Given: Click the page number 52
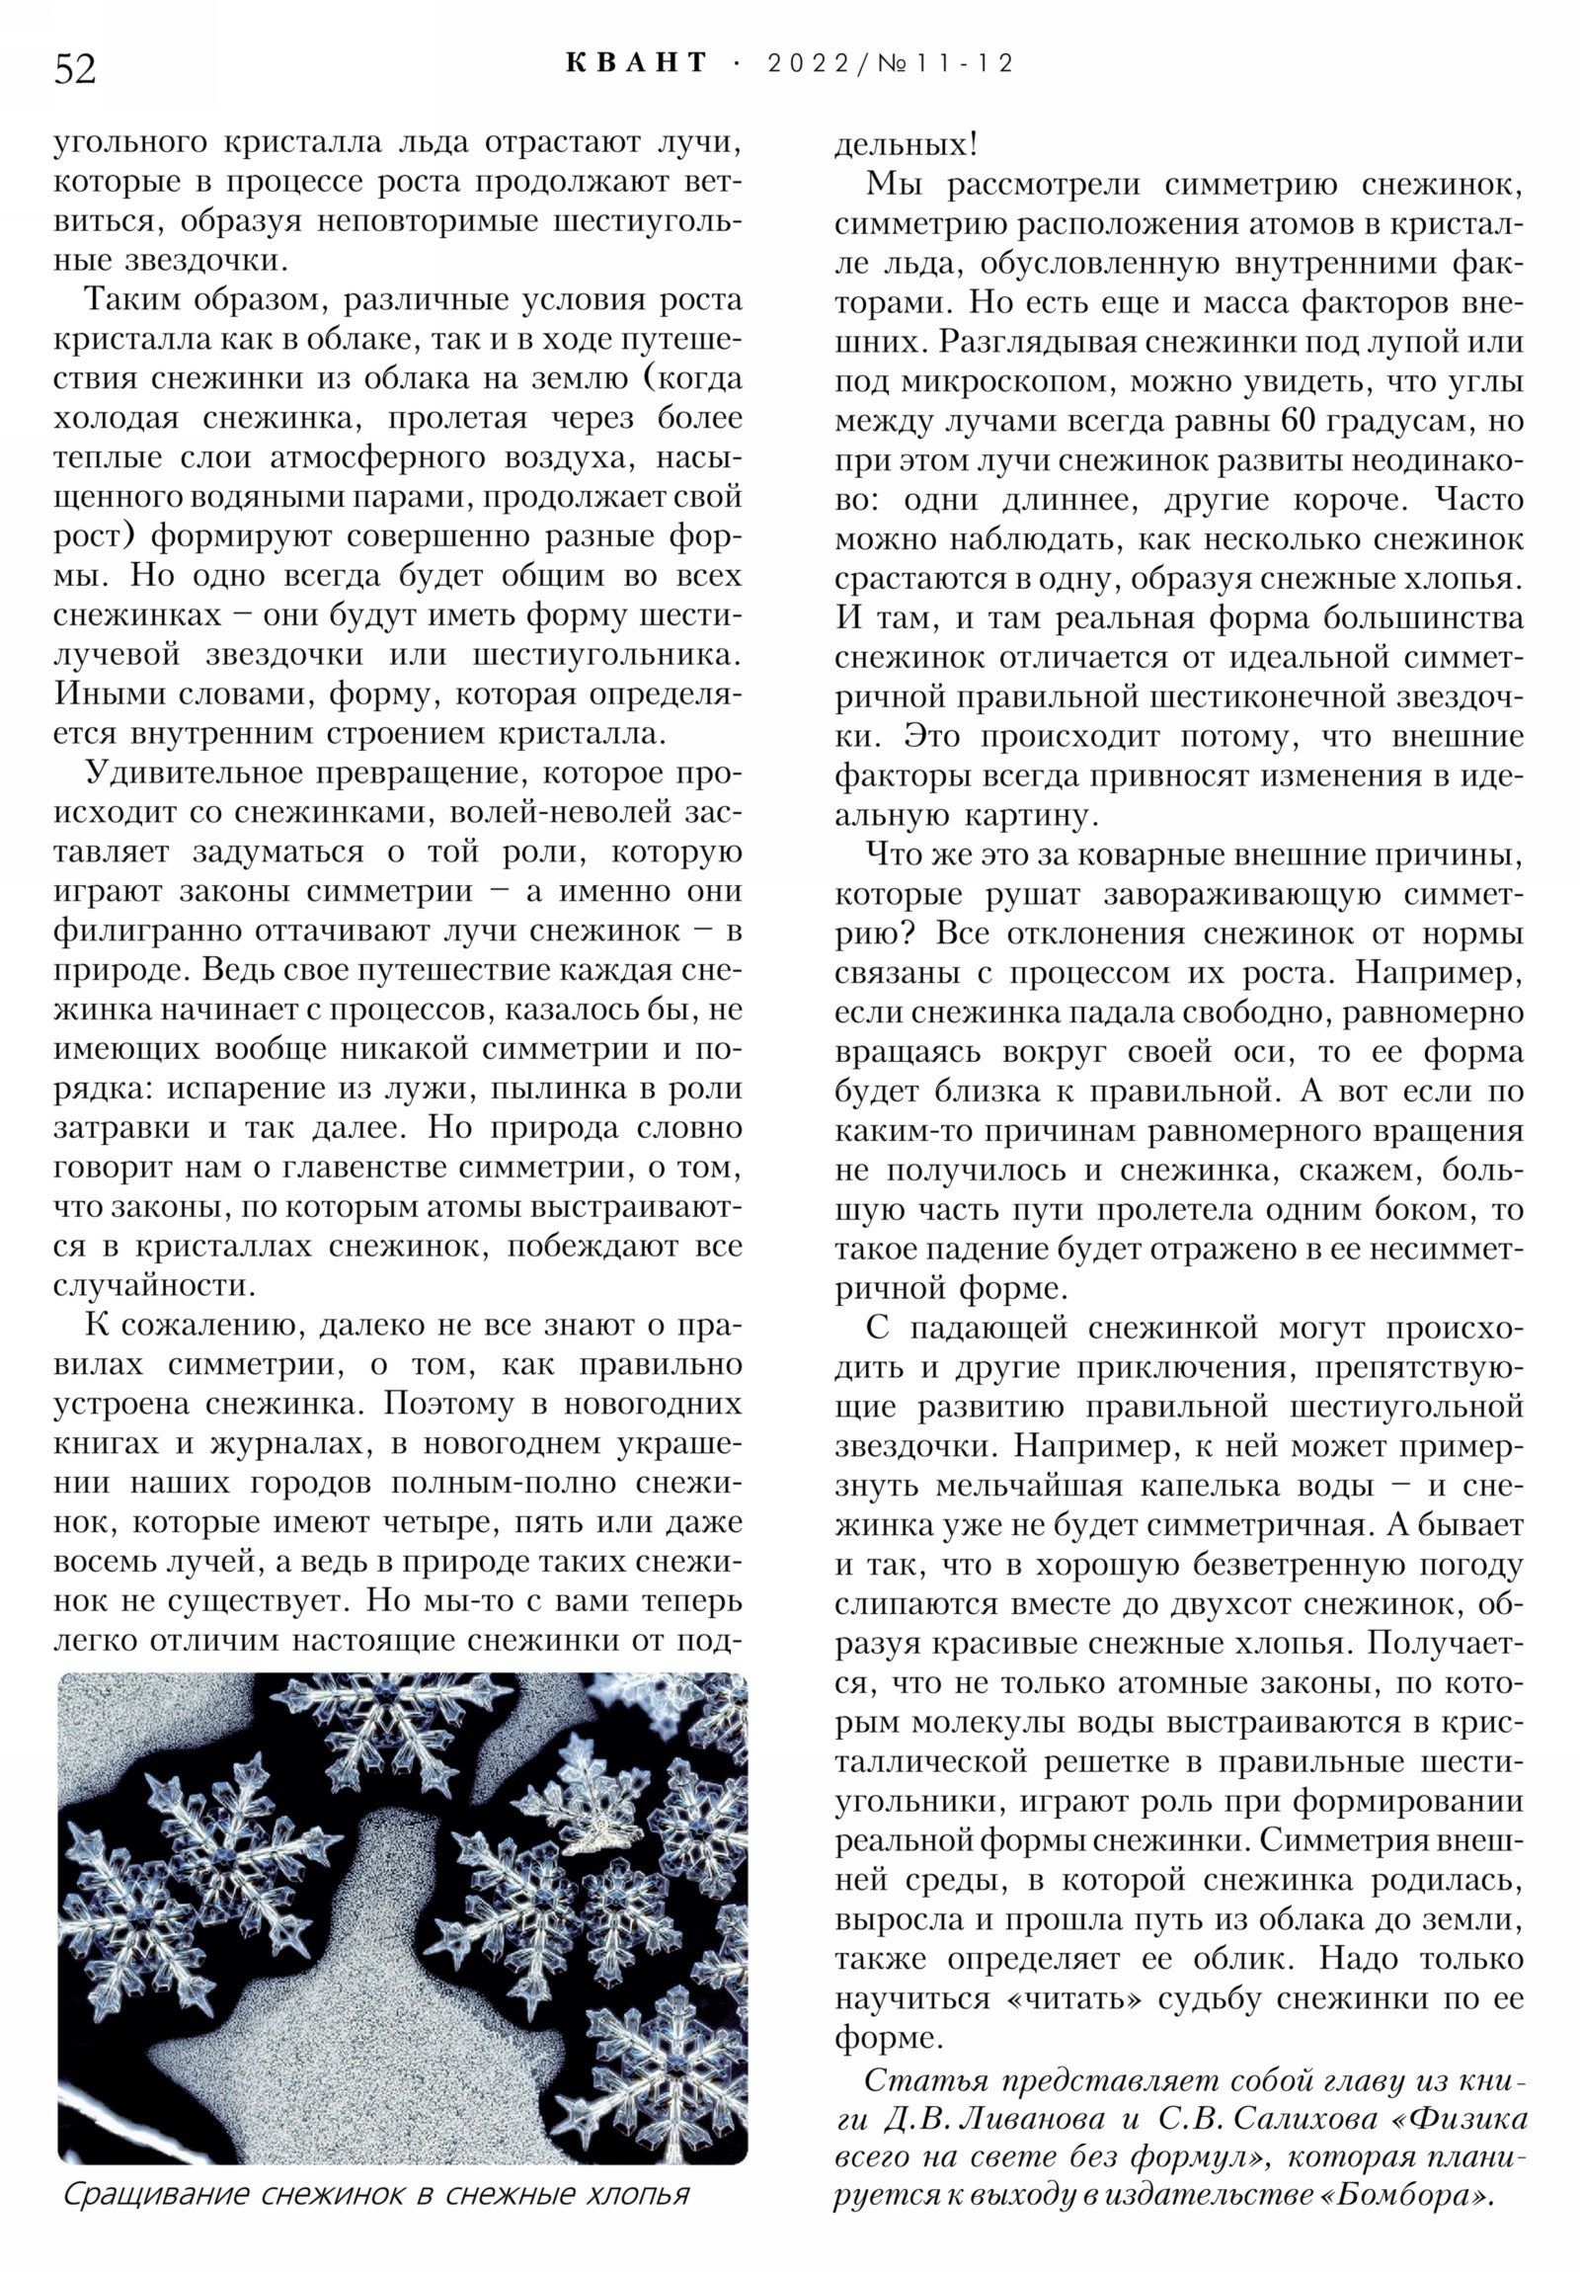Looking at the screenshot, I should pyautogui.click(x=75, y=69).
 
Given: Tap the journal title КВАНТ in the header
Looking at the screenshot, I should pyautogui.click(x=637, y=63).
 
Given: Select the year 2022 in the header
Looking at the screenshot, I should pyautogui.click(x=809, y=63).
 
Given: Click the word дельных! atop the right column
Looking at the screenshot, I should pyautogui.click(x=906, y=145).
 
